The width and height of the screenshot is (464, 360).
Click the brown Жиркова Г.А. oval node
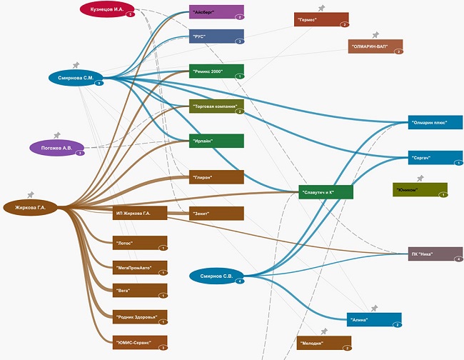click(30, 208)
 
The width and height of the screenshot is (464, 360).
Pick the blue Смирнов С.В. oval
click(217, 276)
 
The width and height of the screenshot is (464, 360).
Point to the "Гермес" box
click(321, 20)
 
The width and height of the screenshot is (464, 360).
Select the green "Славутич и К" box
click(326, 191)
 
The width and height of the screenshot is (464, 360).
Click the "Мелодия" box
click(324, 343)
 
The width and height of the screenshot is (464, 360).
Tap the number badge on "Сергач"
click(458, 163)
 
